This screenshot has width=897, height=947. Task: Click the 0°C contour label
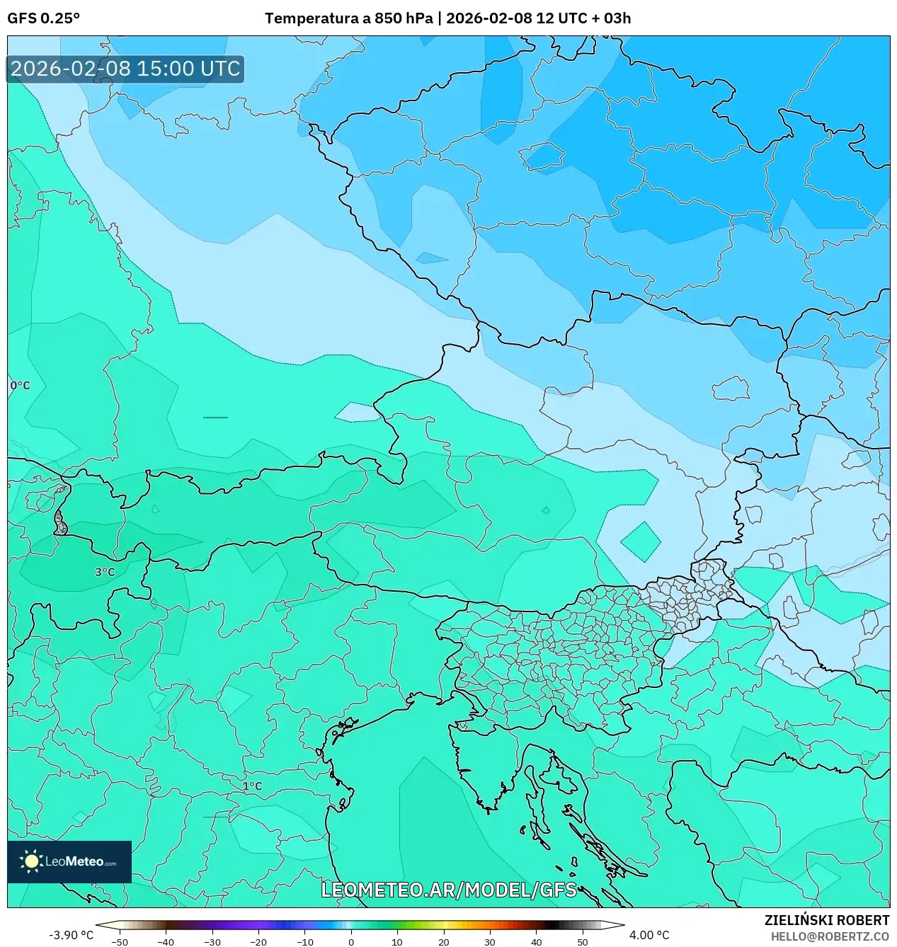click(20, 386)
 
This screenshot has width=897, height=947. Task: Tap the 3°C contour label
click(105, 572)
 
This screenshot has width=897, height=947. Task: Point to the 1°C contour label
click(252, 786)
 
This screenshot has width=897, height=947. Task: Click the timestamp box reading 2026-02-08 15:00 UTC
click(125, 69)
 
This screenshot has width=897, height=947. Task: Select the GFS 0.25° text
click(44, 18)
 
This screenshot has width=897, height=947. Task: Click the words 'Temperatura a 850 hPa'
click(348, 18)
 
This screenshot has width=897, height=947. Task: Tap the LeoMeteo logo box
click(69, 861)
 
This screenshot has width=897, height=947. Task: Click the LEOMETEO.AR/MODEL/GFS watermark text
click(449, 890)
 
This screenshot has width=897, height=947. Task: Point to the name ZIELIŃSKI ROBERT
click(826, 920)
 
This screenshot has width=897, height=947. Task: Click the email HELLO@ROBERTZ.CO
click(830, 936)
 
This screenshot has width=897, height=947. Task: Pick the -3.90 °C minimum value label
click(71, 935)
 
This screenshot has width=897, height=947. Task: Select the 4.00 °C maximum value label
click(649, 935)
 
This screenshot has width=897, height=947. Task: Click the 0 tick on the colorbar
click(351, 941)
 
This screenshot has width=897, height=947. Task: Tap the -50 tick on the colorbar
click(120, 941)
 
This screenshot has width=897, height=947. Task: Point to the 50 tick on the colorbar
click(583, 941)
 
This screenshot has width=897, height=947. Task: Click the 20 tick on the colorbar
click(444, 941)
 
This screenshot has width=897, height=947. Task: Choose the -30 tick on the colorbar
click(212, 941)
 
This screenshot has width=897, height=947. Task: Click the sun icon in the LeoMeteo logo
click(32, 861)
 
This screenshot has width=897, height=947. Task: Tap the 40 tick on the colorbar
click(536, 941)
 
